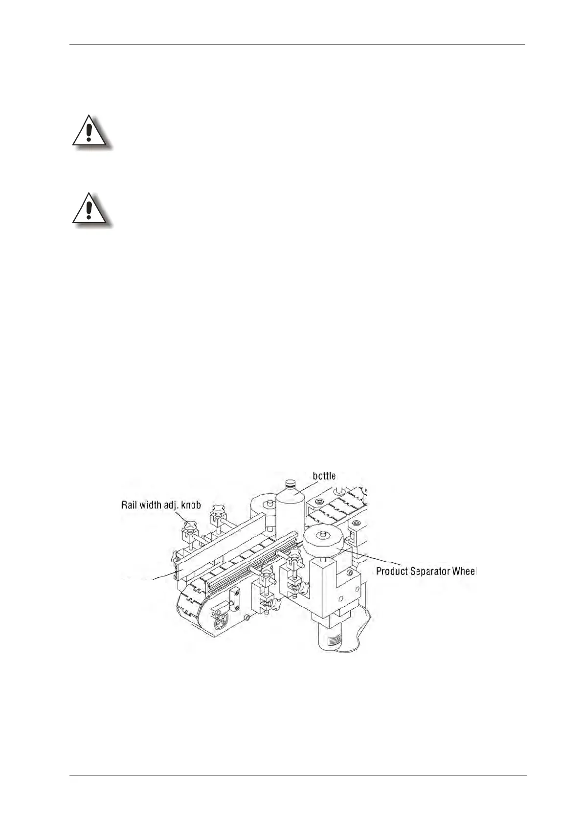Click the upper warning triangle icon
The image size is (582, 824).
(x=90, y=131)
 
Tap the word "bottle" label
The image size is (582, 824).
(x=324, y=476)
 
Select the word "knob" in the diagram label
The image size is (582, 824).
(x=190, y=505)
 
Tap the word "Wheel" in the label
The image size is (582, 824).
(x=464, y=571)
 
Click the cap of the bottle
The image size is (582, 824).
(x=290, y=485)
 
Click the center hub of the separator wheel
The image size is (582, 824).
(x=323, y=533)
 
